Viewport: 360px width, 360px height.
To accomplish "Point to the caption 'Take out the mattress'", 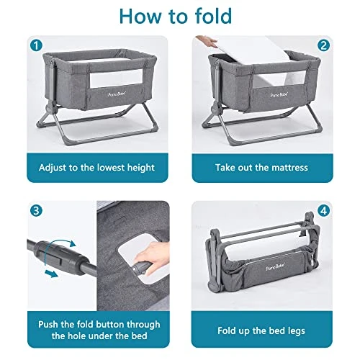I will (x=262, y=167).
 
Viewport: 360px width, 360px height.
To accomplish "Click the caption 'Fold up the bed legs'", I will (x=262, y=332).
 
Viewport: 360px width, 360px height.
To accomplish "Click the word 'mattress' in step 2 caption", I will (x=286, y=167).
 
